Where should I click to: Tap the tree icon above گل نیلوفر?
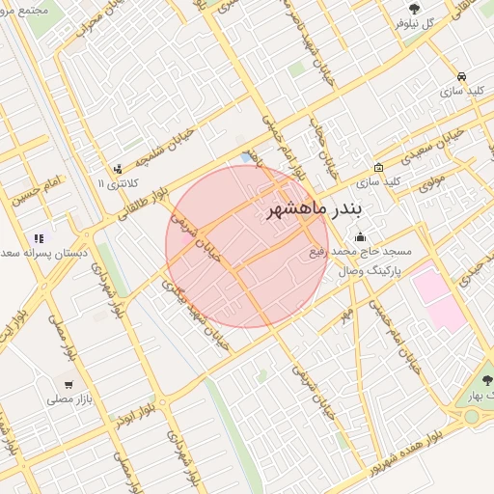414,10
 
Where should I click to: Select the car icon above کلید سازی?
462,76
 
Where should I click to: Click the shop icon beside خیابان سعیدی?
379,166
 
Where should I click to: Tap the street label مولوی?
429,178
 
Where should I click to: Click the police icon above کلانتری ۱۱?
118,168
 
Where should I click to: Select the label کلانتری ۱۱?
119,182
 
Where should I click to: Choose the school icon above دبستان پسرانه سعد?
39,237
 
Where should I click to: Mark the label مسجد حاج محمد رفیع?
360,251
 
